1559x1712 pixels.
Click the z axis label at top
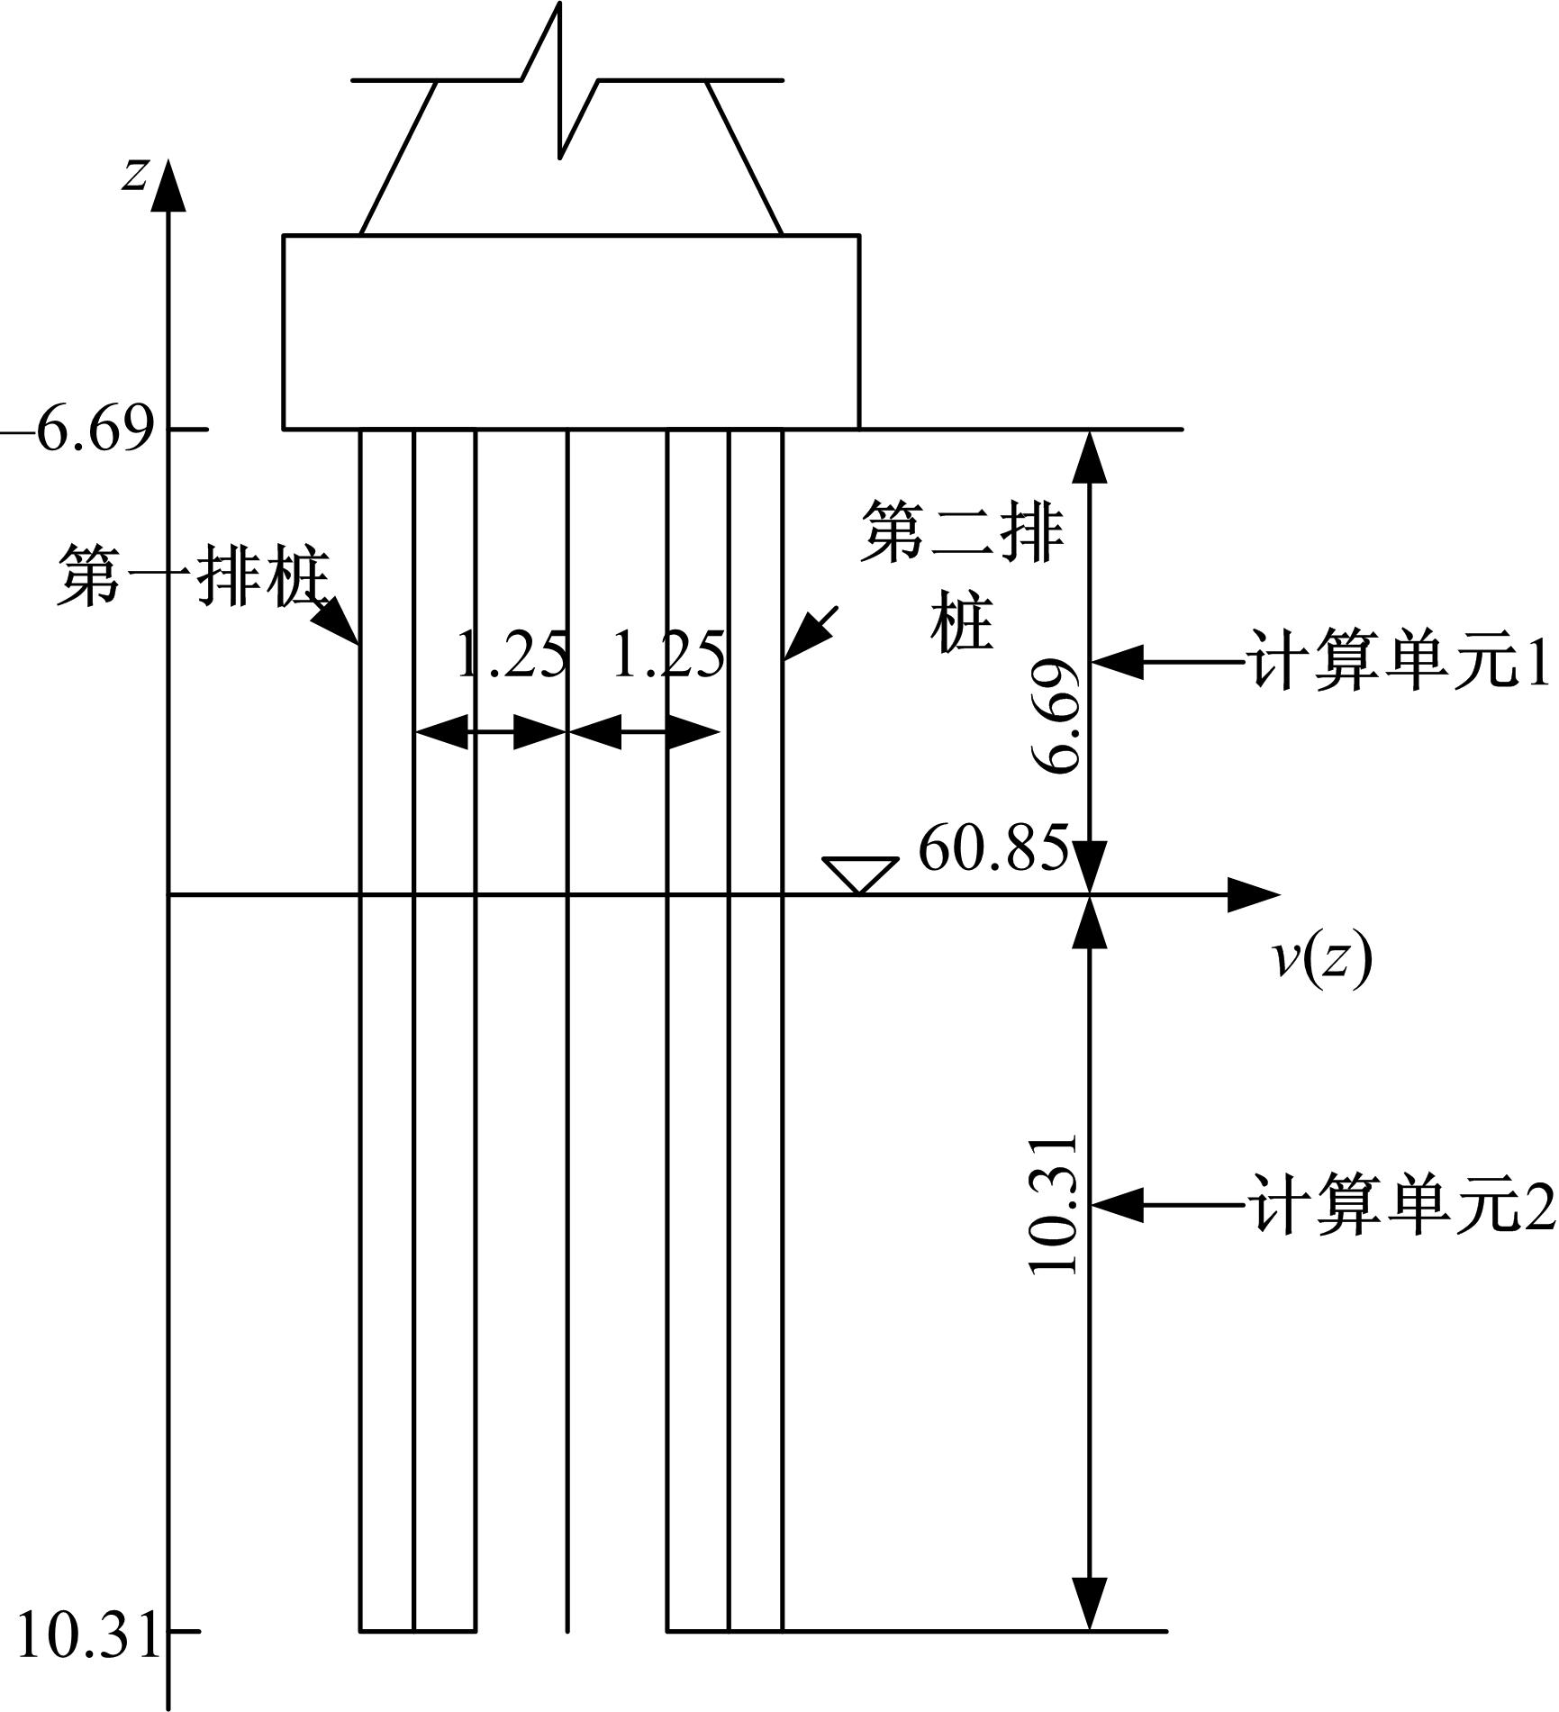point(135,174)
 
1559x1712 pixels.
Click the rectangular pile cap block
point(571,331)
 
